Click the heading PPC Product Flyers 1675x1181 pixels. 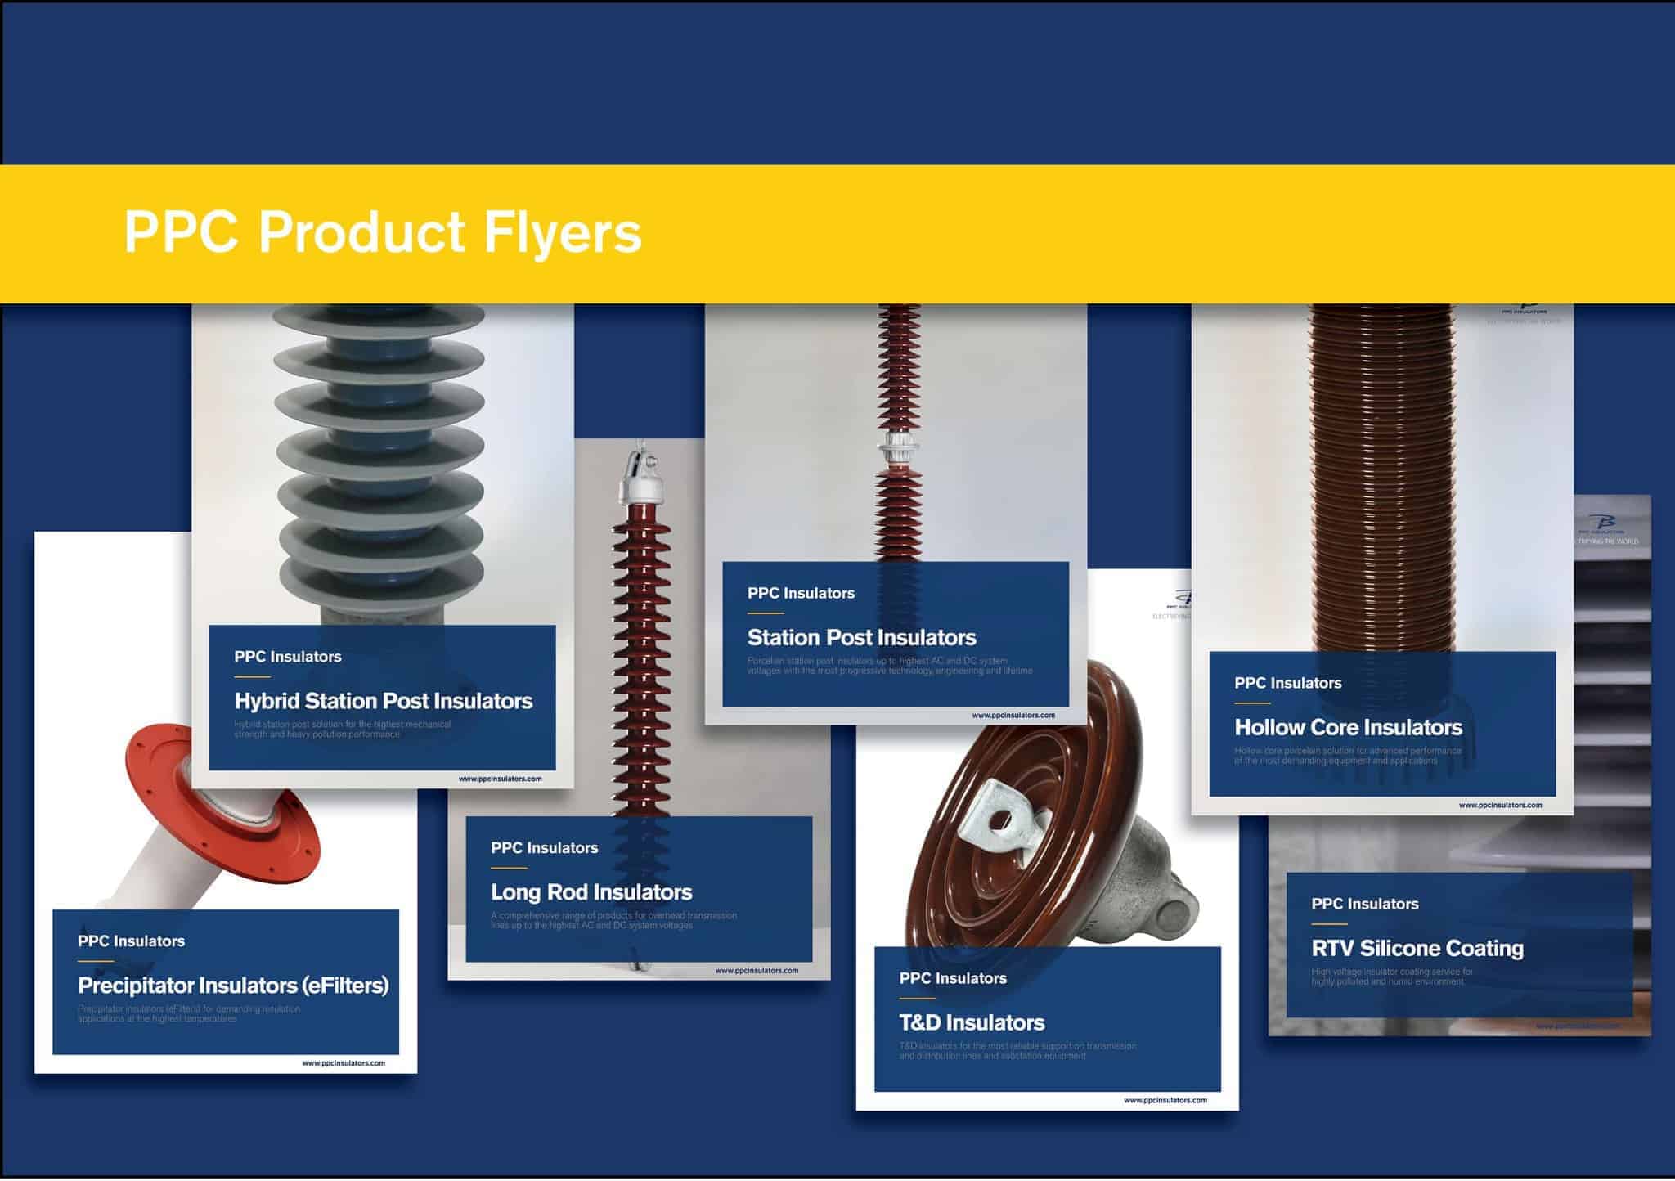[x=383, y=232]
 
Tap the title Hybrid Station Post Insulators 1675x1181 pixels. [x=383, y=701]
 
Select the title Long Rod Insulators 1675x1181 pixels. [x=591, y=892]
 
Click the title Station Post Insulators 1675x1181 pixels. [x=861, y=637]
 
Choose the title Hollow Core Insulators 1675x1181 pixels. [x=1348, y=727]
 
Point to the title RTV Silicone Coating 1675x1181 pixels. [x=1417, y=948]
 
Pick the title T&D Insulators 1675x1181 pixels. [x=972, y=1022]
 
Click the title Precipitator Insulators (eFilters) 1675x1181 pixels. [x=232, y=985]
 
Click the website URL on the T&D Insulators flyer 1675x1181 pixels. [x=1165, y=1100]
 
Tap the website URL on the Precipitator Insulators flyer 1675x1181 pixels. [x=344, y=1063]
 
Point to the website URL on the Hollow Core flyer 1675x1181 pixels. [x=1500, y=805]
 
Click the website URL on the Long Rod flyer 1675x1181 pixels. [x=757, y=971]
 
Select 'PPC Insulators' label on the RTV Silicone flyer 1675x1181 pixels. [x=1364, y=904]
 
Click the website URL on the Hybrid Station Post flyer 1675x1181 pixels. [x=500, y=779]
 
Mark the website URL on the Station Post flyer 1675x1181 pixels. [x=1013, y=715]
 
